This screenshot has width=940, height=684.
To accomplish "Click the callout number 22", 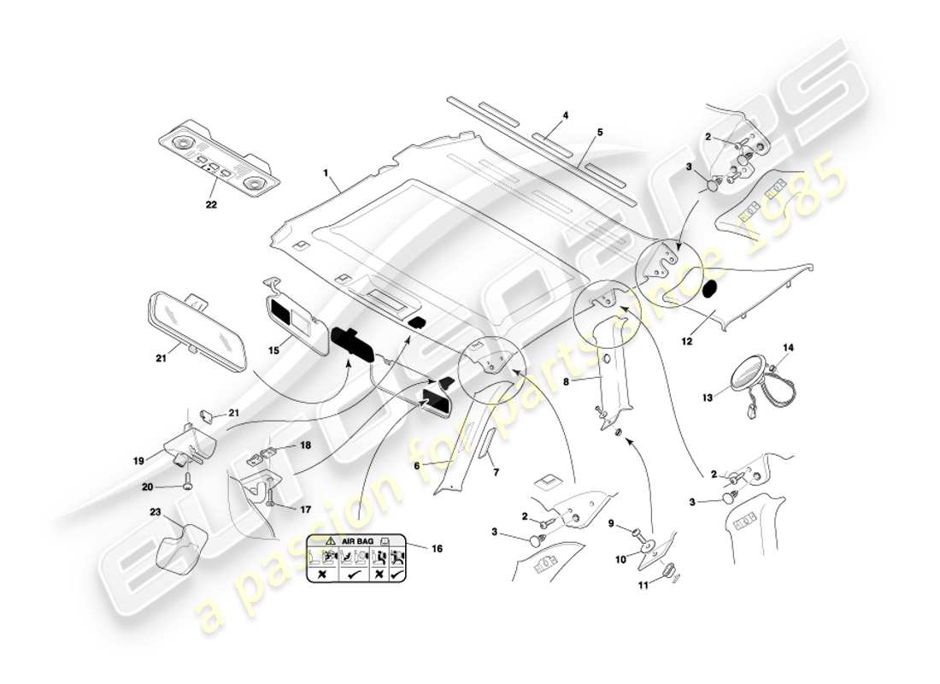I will [x=211, y=205].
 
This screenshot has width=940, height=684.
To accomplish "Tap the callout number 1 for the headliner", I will [x=326, y=173].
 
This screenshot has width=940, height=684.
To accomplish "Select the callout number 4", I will [x=565, y=115].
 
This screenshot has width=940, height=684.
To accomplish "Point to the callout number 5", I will [x=600, y=133].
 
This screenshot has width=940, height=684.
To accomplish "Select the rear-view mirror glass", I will [x=197, y=329].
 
